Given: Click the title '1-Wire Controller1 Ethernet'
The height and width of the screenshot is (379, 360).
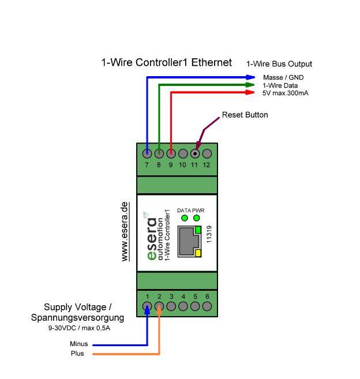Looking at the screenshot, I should click(166, 62).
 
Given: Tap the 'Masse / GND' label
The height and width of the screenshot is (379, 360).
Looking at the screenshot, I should click(283, 77).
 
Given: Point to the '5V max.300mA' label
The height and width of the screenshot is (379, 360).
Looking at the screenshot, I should click(285, 92).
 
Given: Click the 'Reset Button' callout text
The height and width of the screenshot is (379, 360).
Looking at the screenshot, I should click(245, 115).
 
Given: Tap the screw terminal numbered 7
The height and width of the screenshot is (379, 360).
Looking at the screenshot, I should click(148, 154).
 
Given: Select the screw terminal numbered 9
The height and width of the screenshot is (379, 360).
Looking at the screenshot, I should click(171, 154).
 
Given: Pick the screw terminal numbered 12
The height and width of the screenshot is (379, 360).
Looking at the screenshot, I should click(207, 154).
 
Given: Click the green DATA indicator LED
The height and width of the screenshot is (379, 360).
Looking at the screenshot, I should click(184, 218).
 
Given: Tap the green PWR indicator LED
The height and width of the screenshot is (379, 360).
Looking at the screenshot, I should click(197, 218).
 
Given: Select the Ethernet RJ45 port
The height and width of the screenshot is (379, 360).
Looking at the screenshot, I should click(188, 243).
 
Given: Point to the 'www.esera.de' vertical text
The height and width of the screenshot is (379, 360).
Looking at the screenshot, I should click(125, 231).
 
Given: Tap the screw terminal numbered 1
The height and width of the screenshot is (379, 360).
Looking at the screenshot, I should click(148, 306).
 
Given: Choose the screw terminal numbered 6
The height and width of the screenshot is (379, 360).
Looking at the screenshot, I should click(207, 306).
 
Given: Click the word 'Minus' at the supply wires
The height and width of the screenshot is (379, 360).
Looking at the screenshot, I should click(79, 344).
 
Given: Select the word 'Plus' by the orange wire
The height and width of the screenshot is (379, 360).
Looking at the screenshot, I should click(77, 354).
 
